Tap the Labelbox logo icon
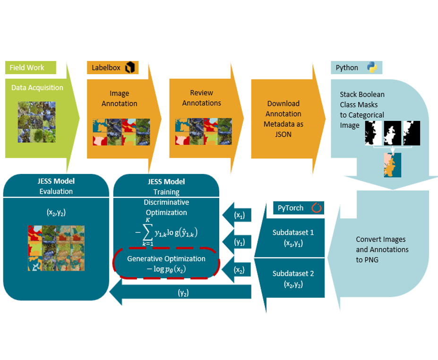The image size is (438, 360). (130, 68)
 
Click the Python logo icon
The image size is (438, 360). (372, 68)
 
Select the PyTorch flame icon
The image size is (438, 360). (316, 207)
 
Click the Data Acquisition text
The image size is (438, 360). (37, 87)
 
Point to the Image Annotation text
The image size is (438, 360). (120, 98)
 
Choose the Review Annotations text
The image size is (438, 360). (201, 98)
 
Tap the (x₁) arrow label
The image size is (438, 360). (240, 215)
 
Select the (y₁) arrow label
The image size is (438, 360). (240, 242)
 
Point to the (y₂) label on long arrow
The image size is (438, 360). (184, 293)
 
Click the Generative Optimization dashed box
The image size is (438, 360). (166, 264)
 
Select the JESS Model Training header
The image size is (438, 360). (166, 186)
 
